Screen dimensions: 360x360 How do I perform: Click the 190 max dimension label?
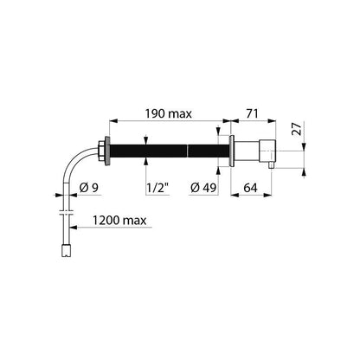coord(168,113)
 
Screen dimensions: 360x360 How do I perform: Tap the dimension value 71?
coord(252,113)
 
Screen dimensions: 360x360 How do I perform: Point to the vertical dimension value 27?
coord(297,129)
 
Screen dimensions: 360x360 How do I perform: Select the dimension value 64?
coord(250,188)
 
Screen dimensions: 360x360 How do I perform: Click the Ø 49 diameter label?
coord(203,188)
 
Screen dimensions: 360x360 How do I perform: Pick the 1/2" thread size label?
coord(157,188)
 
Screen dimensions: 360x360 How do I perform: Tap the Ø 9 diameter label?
coord(89,188)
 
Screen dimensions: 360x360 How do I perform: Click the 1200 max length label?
coord(119,221)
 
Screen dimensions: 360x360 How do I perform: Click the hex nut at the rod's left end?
coord(101,151)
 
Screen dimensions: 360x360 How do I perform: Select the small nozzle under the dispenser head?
coord(271,165)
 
